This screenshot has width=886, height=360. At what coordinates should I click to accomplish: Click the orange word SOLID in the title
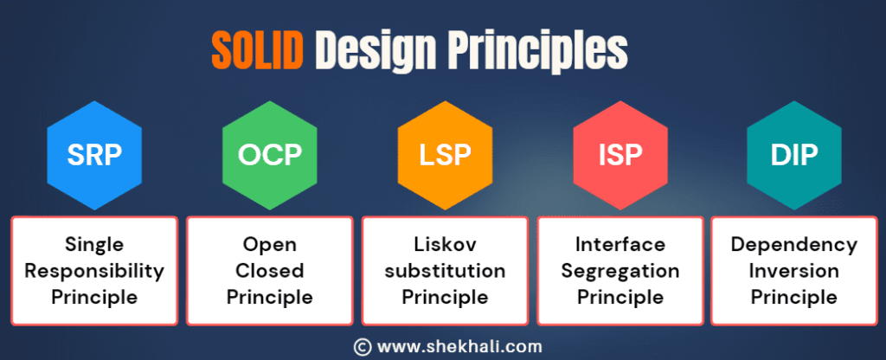click(257, 52)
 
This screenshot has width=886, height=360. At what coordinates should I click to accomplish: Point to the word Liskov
click(444, 245)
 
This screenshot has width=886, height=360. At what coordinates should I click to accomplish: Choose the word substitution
click(444, 271)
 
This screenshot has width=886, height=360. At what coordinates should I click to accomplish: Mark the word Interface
click(619, 245)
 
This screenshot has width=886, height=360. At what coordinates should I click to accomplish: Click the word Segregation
click(619, 271)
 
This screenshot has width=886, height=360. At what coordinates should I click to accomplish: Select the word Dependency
click(793, 245)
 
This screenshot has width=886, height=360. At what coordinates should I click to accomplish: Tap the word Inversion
click(793, 271)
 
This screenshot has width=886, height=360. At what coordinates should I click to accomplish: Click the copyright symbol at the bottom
click(363, 346)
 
